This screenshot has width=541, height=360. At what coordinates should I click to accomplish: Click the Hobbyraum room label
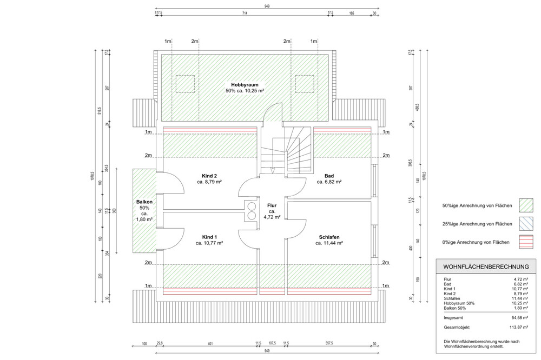click(x=245, y=85)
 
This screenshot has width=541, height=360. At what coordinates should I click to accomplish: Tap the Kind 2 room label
click(x=209, y=176)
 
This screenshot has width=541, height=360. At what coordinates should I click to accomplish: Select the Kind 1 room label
click(x=209, y=237)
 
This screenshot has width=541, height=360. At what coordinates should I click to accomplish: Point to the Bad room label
click(x=329, y=176)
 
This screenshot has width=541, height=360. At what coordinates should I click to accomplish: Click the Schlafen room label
click(x=328, y=237)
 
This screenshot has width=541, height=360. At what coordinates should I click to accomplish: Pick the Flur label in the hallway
click(x=272, y=205)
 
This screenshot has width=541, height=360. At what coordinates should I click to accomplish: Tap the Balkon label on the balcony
click(x=144, y=202)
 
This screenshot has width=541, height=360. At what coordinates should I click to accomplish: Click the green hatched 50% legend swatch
click(x=526, y=205)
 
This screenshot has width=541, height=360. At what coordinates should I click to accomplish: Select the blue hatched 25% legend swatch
click(x=526, y=224)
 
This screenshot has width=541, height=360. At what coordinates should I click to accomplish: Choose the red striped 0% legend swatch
click(x=526, y=242)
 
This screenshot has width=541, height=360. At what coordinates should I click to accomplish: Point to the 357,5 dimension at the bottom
click(x=328, y=343)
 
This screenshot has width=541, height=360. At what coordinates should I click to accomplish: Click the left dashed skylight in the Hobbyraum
click(x=184, y=83)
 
